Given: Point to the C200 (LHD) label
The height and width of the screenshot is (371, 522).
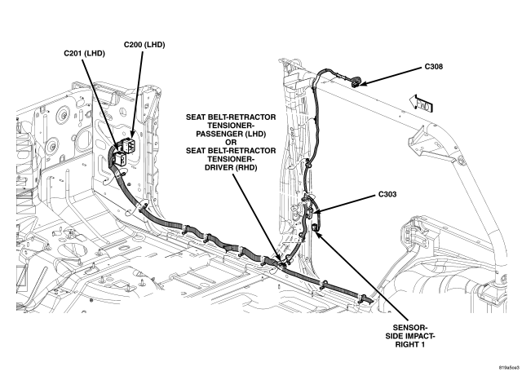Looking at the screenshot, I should pyautogui.click(x=144, y=43).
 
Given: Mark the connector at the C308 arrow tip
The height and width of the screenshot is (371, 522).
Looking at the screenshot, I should pyautogui.click(x=356, y=81).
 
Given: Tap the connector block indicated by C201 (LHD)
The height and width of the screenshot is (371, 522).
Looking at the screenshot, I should pyautogui.click(x=118, y=156).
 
